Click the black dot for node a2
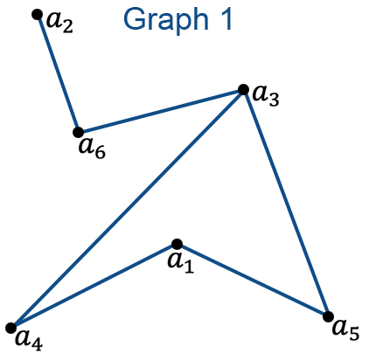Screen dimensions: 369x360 pos(37,14)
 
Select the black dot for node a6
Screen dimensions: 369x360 pos(78,132)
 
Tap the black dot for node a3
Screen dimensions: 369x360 pos(243,89)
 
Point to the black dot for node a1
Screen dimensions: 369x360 pos(177,244)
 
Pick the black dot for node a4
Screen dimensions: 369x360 pos(11,328)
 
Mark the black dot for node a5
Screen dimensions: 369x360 pos(329,316)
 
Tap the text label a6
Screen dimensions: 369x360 pos(92,149)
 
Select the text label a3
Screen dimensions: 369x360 pos(266,96)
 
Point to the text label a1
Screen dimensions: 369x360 pos(181,262)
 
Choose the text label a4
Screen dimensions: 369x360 pos(29,340)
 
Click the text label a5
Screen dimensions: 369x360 pos(346,329)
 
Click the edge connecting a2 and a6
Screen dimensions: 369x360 pos(58,73)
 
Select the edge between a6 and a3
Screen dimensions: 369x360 pos(161,111)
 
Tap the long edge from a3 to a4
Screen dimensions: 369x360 pos(127,209)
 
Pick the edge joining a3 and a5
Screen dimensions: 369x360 pos(286,203)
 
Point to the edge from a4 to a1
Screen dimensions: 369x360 pos(94,286)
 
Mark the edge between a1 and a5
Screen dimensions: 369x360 pos(253,280)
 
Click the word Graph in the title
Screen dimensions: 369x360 pos(166,20)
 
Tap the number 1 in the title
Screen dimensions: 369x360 pos(226,18)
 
